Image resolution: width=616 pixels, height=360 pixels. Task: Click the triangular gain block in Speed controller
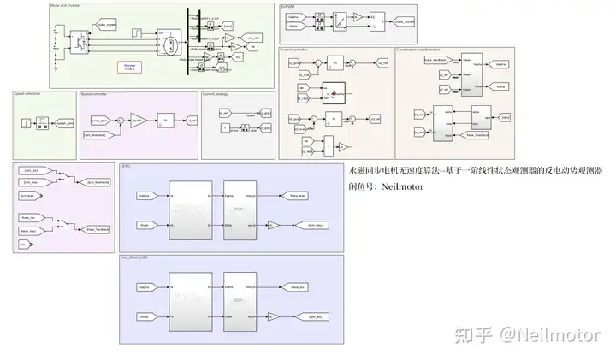[138, 121]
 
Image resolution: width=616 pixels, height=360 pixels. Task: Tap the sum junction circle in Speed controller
[119, 121]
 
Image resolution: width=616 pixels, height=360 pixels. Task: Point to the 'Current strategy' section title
[214, 93]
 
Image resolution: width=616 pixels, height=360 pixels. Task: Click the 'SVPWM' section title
[287, 6]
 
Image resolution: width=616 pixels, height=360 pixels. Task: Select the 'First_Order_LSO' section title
[135, 256]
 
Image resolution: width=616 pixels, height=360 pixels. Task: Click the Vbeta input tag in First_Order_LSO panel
[144, 316]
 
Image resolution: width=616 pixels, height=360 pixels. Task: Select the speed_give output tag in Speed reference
[63, 122]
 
